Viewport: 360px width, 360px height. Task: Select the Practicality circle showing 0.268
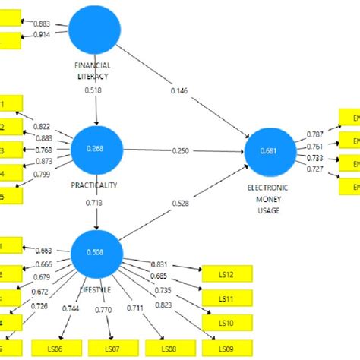(96, 149)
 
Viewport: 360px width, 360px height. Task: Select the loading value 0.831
(159, 263)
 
